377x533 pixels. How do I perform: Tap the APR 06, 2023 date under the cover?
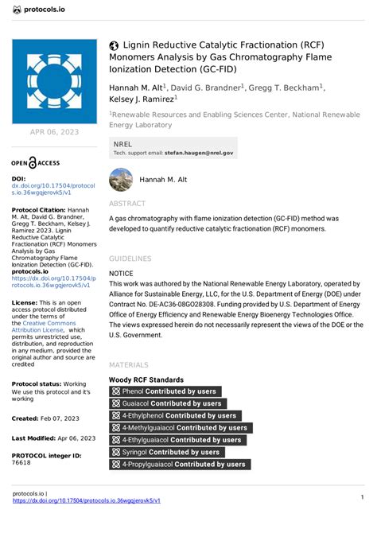click(x=53, y=131)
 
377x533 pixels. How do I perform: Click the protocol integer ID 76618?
click(x=21, y=462)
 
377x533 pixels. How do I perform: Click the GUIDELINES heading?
click(x=130, y=259)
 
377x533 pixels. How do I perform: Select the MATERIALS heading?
click(x=130, y=365)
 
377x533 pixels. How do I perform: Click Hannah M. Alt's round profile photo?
click(x=121, y=180)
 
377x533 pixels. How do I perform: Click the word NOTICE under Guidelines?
click(x=121, y=272)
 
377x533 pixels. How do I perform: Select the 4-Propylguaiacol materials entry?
click(x=180, y=464)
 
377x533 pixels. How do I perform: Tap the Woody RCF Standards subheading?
click(x=146, y=380)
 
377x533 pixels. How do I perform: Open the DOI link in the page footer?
click(x=87, y=500)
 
